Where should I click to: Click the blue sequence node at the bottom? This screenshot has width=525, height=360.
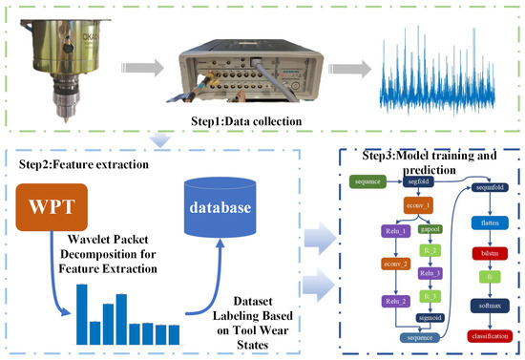[x=416, y=337]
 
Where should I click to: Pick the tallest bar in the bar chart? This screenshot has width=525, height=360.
[x=82, y=306]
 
